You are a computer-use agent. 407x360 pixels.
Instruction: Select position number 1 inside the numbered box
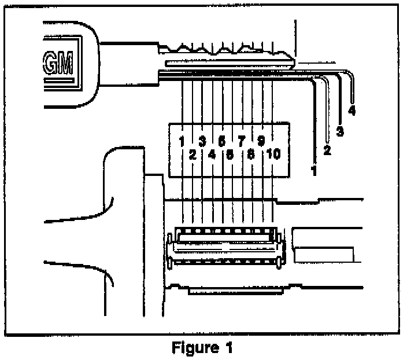(x=182, y=141)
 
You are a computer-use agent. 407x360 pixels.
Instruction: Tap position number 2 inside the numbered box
(x=192, y=155)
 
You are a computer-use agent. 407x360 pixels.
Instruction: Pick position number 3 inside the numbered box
(x=202, y=141)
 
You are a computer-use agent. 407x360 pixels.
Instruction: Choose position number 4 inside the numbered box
(x=212, y=155)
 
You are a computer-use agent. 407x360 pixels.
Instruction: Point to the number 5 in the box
(x=221, y=141)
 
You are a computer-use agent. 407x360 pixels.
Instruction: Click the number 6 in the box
(x=231, y=155)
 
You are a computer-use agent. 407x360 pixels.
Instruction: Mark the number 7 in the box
(x=241, y=141)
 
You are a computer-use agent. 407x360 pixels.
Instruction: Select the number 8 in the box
(x=251, y=155)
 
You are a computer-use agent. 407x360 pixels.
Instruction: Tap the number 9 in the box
(x=261, y=141)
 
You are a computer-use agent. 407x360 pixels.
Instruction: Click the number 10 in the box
(x=273, y=155)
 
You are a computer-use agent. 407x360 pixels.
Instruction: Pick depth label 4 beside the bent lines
(x=351, y=109)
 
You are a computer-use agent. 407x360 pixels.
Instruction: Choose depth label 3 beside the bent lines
(x=340, y=131)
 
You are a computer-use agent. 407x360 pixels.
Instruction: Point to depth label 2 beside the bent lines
(x=327, y=151)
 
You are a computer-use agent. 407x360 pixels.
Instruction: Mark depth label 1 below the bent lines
(x=314, y=171)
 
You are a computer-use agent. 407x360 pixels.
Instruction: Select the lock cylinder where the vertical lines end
(x=225, y=249)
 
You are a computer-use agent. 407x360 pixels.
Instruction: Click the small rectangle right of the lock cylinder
(x=324, y=253)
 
